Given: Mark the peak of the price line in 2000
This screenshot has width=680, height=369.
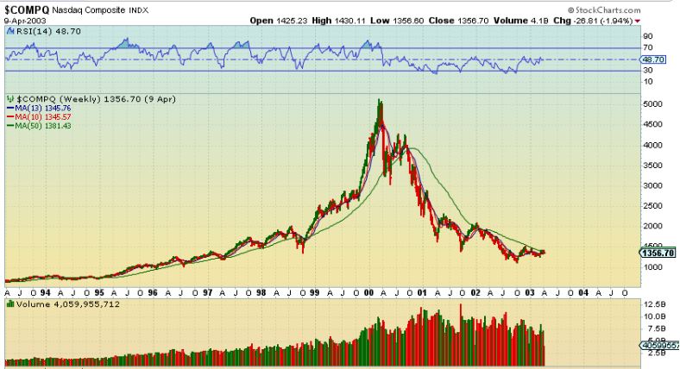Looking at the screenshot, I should (x=380, y=100).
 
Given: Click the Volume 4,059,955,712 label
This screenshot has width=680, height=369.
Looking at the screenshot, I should (x=65, y=304).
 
